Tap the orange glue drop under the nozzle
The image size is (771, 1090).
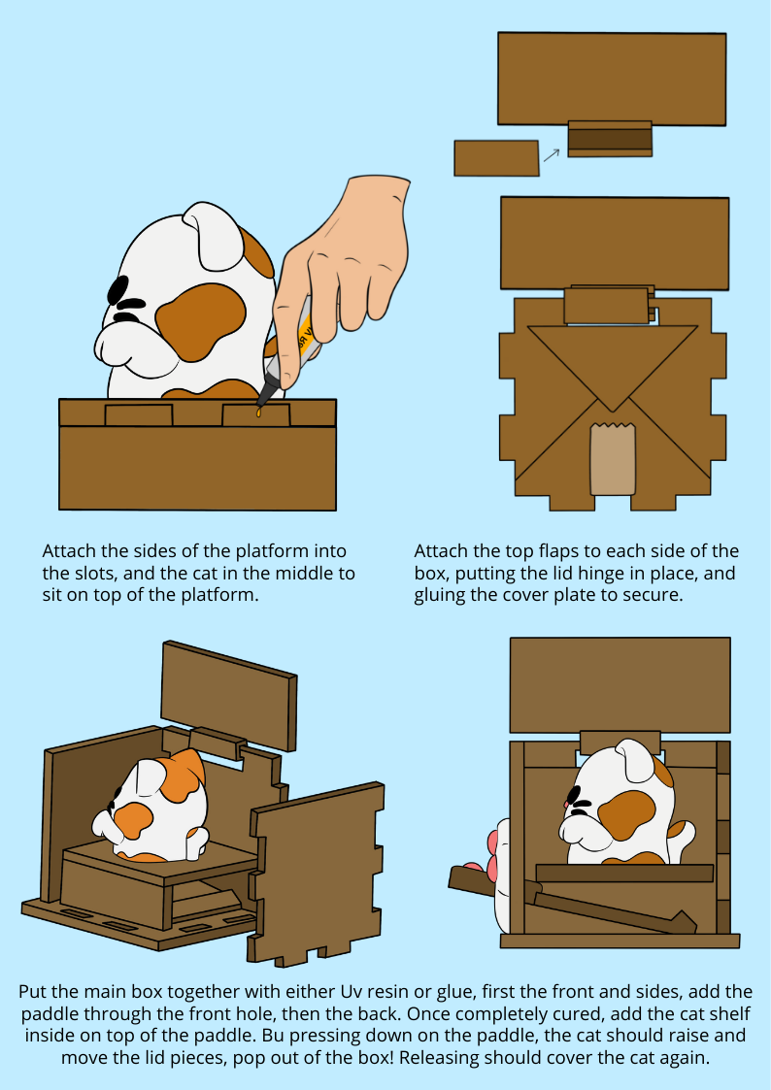(x=258, y=413)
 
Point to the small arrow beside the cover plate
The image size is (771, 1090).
(x=551, y=155)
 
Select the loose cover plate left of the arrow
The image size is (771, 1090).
(x=496, y=158)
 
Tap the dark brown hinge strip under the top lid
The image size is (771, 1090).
(x=610, y=139)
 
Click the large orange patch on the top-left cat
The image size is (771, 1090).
(x=200, y=321)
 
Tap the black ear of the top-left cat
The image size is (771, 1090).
(x=117, y=290)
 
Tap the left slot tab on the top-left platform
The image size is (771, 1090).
(x=139, y=415)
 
